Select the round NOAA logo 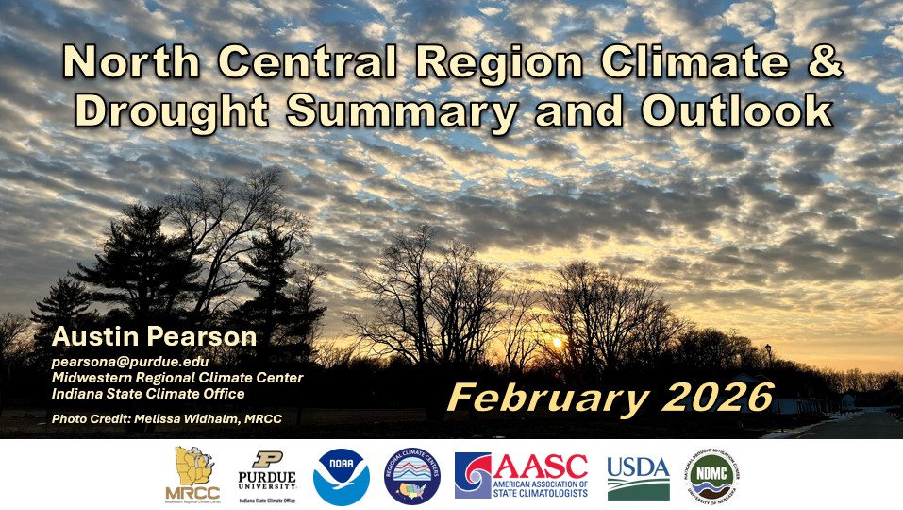pyautogui.click(x=342, y=475)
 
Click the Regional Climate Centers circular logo pyautogui.click(x=412, y=475)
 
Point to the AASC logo pyautogui.click(x=521, y=475)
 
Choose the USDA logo pyautogui.click(x=638, y=476)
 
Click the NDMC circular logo pyautogui.click(x=712, y=475)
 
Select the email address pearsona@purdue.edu pyautogui.click(x=130, y=361)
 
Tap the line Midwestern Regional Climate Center pyautogui.click(x=177, y=377)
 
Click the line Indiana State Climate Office pyautogui.click(x=148, y=393)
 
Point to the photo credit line pyautogui.click(x=167, y=418)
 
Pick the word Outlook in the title pyautogui.click(x=737, y=110)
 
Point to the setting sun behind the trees pyautogui.click(x=557, y=342)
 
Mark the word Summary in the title pyautogui.click(x=403, y=110)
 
